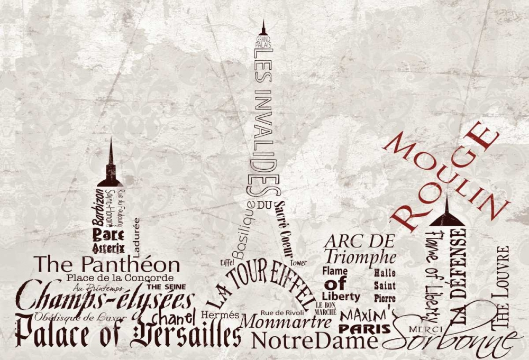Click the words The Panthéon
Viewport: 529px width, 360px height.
(x=107, y=264)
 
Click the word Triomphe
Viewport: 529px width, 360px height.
(x=360, y=257)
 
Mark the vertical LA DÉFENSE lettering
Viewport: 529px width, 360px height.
(x=458, y=275)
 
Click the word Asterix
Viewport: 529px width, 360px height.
(x=108, y=247)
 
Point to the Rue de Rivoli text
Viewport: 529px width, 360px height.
(x=282, y=312)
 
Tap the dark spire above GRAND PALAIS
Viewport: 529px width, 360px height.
(x=263, y=29)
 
